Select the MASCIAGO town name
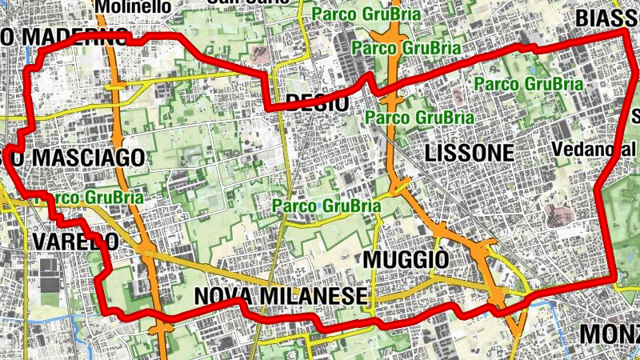click(x=86, y=157)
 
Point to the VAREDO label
click(x=75, y=241)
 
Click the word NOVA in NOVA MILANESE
click(x=227, y=297)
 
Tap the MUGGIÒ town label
click(x=406, y=259)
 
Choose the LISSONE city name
click(x=469, y=153)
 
